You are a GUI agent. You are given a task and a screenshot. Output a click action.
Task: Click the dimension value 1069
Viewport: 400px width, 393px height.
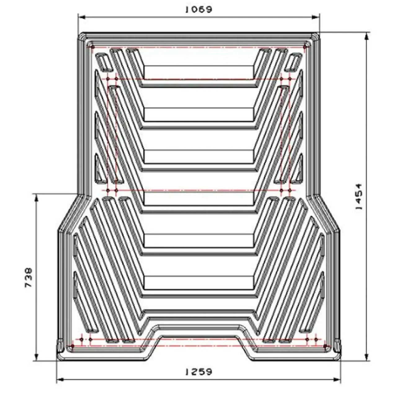pyautogui.click(x=199, y=10)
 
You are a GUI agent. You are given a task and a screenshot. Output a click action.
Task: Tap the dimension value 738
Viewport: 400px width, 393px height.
pyautogui.click(x=29, y=277)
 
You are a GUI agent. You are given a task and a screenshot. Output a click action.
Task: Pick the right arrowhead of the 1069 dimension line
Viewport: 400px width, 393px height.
pyautogui.click(x=316, y=18)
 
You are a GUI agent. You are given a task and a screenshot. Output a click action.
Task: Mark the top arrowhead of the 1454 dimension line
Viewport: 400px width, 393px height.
pyautogui.click(x=367, y=36)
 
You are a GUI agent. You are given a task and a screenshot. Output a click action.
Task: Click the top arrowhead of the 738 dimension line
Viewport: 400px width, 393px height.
pyautogui.click(x=36, y=197)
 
